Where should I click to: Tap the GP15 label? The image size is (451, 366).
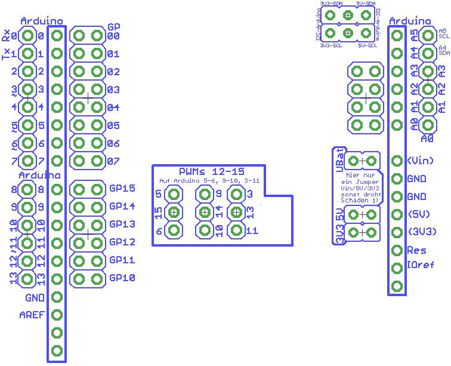click(x=122, y=189)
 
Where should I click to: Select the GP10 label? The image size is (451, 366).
click(x=122, y=278)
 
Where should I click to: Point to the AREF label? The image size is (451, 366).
click(x=32, y=315)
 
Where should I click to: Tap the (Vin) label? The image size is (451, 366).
click(x=420, y=161)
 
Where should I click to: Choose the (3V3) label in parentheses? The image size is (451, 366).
click(x=421, y=232)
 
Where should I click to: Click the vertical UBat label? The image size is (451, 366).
click(x=339, y=159)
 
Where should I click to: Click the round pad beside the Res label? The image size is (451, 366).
click(x=397, y=250)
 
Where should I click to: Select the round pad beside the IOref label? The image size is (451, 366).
click(x=397, y=268)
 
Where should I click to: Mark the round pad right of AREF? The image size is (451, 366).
click(x=57, y=315)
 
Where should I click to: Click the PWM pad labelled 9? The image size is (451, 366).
click(x=205, y=194)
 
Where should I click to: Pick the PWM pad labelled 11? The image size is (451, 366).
click(x=236, y=230)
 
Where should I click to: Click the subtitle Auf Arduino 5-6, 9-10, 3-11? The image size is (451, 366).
click(x=209, y=180)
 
